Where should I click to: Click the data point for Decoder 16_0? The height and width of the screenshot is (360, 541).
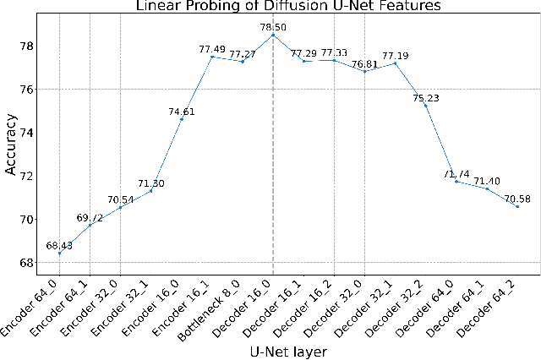273,35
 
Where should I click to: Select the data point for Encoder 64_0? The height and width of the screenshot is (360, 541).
59,254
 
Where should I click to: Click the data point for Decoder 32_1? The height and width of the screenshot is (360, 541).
395,63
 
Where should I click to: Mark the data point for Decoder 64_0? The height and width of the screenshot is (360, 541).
456,182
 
